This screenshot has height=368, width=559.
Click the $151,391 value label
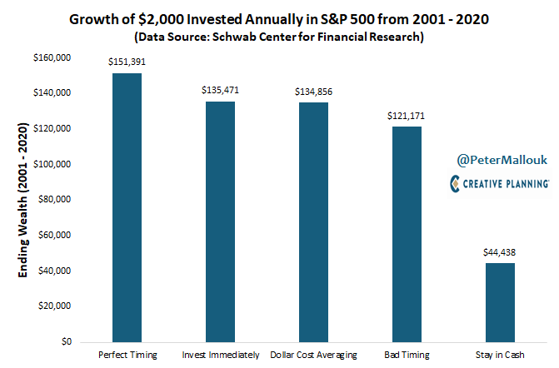point(126,62)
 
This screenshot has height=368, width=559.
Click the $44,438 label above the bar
point(498,252)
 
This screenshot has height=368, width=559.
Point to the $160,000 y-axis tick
point(52,57)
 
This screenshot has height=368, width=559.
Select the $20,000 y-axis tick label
point(54,306)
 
